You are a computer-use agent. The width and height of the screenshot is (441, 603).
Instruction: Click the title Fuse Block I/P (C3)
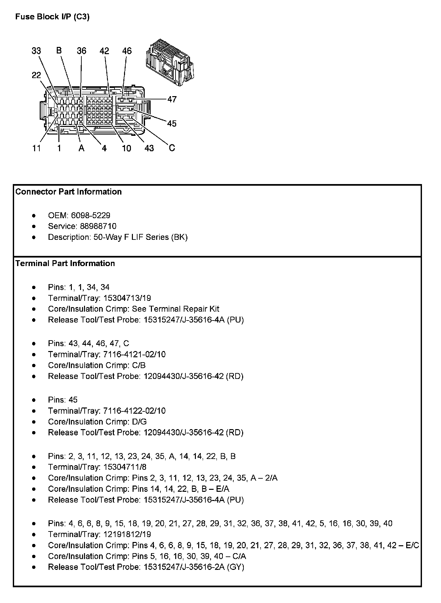pos(52,17)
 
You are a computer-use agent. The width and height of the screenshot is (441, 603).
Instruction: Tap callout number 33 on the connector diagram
pos(36,51)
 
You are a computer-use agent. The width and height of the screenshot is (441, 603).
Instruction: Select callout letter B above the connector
pos(59,51)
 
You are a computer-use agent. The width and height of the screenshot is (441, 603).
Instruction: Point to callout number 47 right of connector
pos(172,99)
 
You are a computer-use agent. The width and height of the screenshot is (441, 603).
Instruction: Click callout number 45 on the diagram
pos(172,124)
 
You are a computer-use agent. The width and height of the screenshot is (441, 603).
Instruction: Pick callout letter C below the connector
pos(172,148)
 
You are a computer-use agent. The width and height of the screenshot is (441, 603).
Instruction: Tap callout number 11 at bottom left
pos(36,148)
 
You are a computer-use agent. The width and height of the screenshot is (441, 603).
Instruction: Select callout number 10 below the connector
pos(126,148)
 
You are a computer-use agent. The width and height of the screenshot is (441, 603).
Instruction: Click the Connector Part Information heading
pos(68,192)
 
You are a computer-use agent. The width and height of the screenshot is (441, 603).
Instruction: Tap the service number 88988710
pos(98,226)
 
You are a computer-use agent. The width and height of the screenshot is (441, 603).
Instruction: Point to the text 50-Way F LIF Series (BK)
pos(140,237)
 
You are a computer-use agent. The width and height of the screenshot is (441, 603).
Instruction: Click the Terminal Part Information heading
pos(65,263)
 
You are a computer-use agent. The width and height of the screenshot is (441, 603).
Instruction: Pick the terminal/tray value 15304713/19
pos(127,298)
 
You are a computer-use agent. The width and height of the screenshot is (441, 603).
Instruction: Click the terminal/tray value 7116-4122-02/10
pos(134,411)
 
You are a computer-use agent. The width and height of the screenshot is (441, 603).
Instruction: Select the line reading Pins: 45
pos(63,400)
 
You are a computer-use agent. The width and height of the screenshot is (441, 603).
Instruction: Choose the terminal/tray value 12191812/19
pos(127,534)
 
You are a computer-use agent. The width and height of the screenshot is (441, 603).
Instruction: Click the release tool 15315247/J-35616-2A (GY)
pos(194,567)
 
